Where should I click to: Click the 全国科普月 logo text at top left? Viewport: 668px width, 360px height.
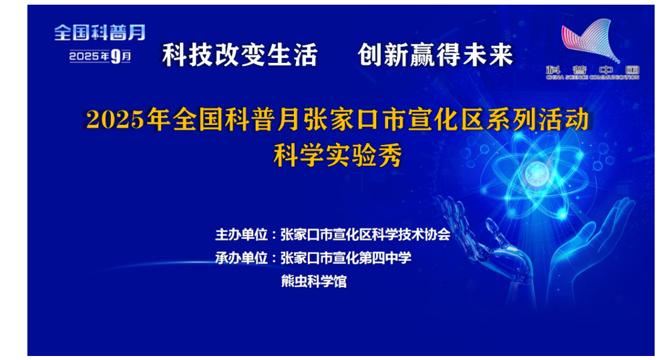100,33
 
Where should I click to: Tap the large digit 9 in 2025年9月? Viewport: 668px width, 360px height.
116,56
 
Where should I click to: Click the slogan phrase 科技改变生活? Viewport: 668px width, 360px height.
240,55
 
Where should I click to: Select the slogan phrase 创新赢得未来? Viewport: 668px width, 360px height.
436,55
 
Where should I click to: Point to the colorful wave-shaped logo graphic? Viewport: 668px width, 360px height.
591,41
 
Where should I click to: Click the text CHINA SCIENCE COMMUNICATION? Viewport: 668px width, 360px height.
593,77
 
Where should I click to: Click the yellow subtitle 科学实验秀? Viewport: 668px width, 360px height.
338,156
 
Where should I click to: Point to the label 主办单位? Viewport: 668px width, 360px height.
242,234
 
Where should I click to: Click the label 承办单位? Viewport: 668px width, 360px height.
242,258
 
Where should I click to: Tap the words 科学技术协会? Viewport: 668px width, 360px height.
411,234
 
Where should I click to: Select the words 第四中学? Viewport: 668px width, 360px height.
385,258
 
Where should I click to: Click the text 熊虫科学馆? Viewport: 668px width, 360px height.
313,282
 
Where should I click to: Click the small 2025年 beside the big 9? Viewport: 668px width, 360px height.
89,56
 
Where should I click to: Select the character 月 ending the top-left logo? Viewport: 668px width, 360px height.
137,33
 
